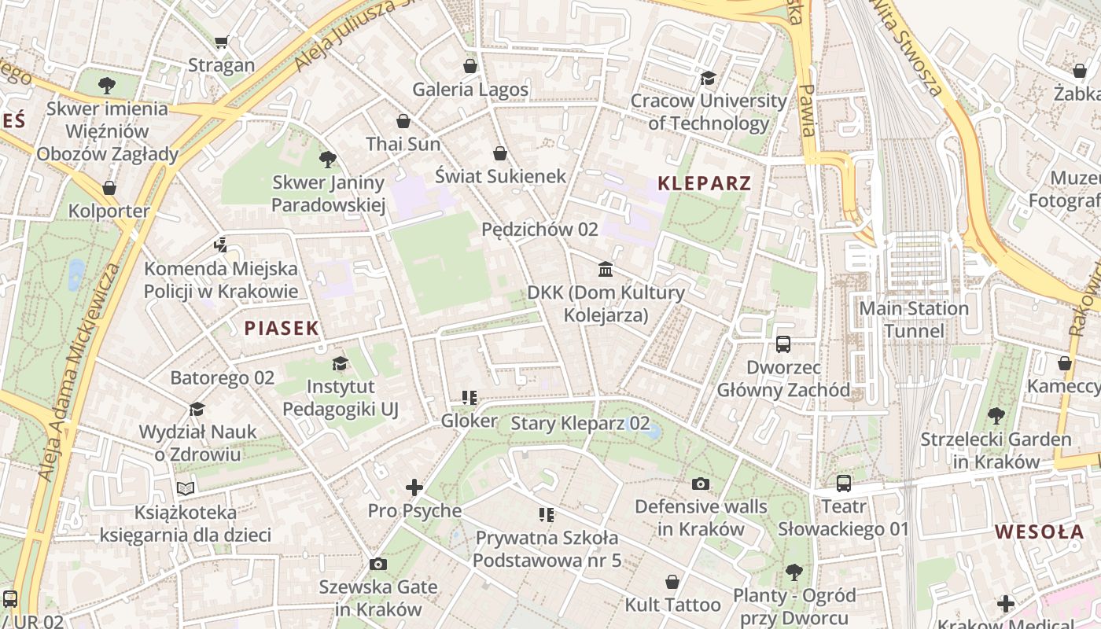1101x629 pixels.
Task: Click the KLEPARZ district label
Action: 704,184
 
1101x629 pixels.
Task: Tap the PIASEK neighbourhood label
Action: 282,329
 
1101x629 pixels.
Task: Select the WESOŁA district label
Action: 1039,532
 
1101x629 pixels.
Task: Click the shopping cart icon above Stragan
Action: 222,42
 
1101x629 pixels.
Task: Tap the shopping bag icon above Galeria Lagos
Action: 470,66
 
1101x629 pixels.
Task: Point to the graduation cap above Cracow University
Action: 708,78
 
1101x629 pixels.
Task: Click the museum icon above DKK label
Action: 606,270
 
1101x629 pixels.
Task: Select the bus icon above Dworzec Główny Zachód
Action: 783,344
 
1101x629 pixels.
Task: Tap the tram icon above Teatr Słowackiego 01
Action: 844,484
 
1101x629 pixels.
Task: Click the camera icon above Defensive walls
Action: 700,484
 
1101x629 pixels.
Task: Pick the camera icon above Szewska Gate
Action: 377,564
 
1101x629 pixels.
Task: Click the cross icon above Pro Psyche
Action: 414,487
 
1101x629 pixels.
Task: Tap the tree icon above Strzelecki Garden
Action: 996,416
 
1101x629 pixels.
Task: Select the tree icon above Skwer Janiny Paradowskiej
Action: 328,160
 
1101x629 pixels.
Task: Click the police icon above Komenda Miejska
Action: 220,245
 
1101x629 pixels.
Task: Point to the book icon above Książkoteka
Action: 186,489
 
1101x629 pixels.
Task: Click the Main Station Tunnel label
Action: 914,319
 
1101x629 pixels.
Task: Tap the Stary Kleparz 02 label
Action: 580,423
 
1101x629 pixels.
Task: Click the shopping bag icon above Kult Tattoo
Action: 672,582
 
